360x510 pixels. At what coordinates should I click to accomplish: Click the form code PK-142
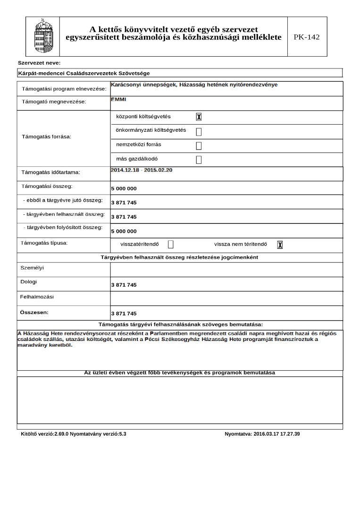(x=306, y=37)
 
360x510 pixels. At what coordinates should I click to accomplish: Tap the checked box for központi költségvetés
(x=199, y=117)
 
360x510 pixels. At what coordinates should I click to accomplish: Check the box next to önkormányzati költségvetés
(x=199, y=131)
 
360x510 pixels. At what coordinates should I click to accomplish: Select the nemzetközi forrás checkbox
(x=199, y=145)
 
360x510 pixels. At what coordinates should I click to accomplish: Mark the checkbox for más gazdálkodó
(x=199, y=160)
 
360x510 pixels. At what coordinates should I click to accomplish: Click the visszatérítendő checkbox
(x=171, y=244)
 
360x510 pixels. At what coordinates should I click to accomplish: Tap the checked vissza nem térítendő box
(x=280, y=245)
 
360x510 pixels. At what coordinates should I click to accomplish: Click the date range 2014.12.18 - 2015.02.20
(x=141, y=170)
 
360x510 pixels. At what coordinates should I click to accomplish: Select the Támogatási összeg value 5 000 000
(x=124, y=188)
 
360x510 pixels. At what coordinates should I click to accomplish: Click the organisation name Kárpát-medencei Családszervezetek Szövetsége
(x=84, y=73)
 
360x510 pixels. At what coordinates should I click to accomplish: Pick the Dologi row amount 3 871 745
(x=124, y=285)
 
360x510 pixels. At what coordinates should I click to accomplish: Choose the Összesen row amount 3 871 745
(x=124, y=314)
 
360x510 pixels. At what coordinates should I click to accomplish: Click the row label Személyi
(x=32, y=268)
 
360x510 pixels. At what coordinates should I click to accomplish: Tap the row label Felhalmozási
(x=37, y=297)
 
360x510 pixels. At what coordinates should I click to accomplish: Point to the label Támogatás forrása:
(x=47, y=137)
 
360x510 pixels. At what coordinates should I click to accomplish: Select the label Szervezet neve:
(x=39, y=63)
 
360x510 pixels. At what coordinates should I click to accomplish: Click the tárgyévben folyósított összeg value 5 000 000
(x=124, y=231)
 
